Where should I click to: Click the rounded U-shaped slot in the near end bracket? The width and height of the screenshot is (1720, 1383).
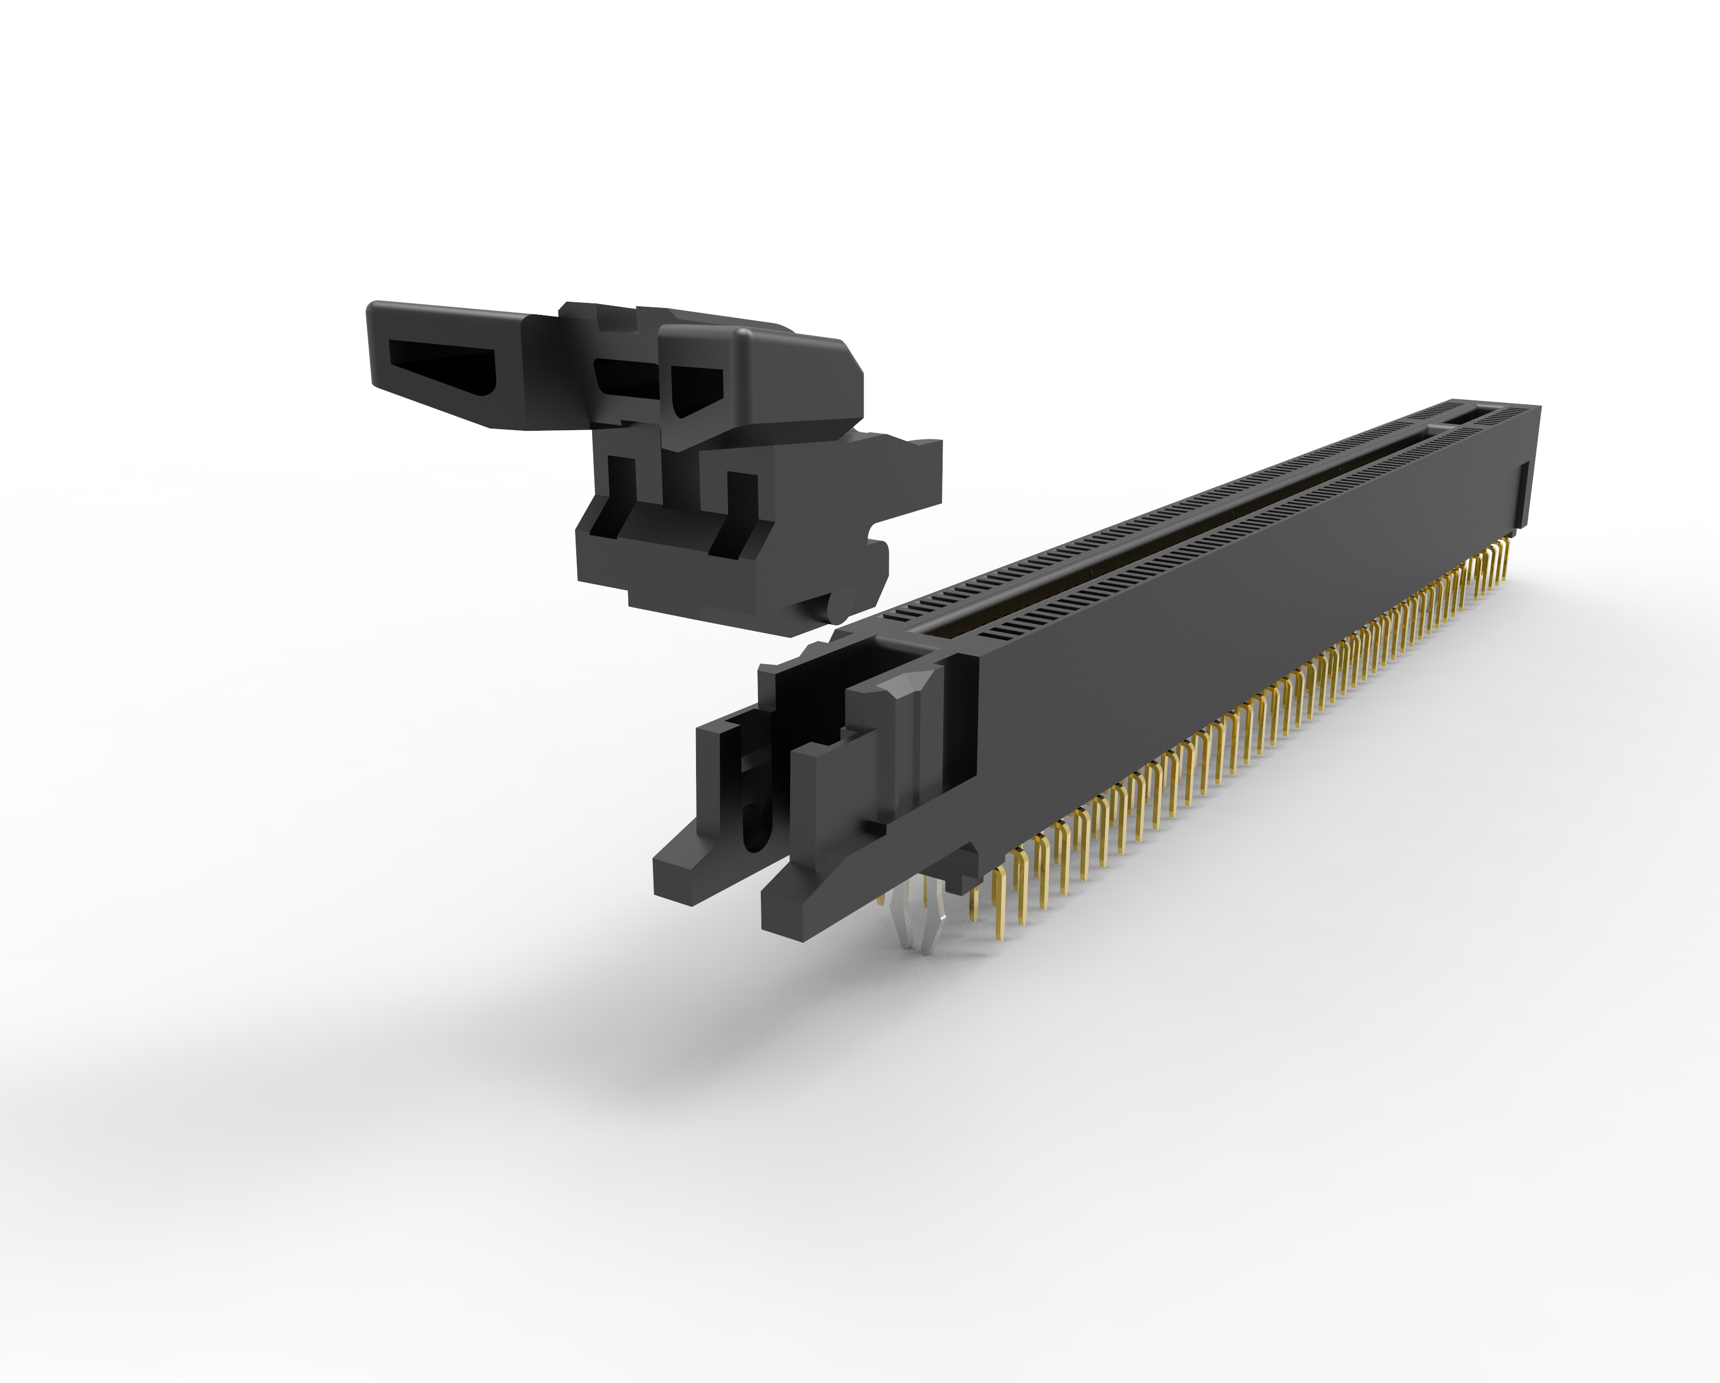(x=750, y=830)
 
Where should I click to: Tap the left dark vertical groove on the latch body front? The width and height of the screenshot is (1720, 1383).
(x=622, y=479)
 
